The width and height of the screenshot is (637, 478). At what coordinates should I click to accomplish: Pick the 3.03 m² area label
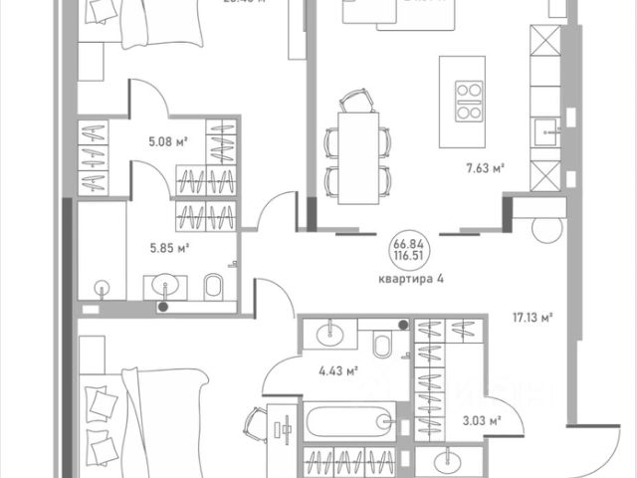coord(481,420)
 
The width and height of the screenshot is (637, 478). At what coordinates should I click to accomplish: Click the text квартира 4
coord(409,278)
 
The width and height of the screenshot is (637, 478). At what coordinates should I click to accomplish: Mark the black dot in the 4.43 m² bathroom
coord(401,326)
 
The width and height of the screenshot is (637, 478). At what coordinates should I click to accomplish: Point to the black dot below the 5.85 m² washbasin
coord(163,307)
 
